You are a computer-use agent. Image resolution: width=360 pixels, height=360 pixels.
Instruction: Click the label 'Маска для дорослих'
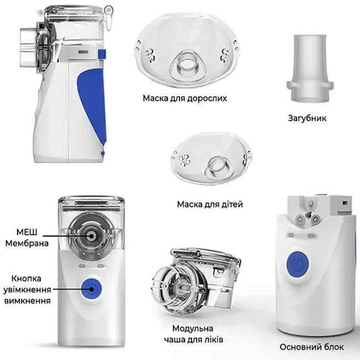point(185,98)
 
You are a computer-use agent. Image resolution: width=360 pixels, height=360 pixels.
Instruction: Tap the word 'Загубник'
point(307,118)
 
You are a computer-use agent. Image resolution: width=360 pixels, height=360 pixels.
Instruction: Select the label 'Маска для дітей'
point(210,204)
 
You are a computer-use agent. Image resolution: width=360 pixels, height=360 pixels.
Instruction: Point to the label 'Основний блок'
point(312,347)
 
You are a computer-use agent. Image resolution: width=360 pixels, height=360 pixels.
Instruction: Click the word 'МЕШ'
point(27,232)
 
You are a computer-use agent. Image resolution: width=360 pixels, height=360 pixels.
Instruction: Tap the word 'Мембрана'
point(27,243)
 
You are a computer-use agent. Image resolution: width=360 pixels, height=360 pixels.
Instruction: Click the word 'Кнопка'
point(27,278)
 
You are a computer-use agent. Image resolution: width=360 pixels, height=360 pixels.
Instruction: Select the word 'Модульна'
point(193,328)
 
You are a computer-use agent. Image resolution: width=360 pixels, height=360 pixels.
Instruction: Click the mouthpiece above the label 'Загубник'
point(310,68)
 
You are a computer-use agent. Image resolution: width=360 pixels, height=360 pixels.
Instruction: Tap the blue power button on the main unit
point(297,264)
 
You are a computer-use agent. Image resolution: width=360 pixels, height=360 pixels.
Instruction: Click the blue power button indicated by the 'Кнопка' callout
point(91,289)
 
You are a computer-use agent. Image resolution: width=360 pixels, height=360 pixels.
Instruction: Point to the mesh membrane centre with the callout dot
point(91,236)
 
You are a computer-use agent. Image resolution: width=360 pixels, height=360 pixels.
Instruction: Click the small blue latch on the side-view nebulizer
point(102,54)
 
